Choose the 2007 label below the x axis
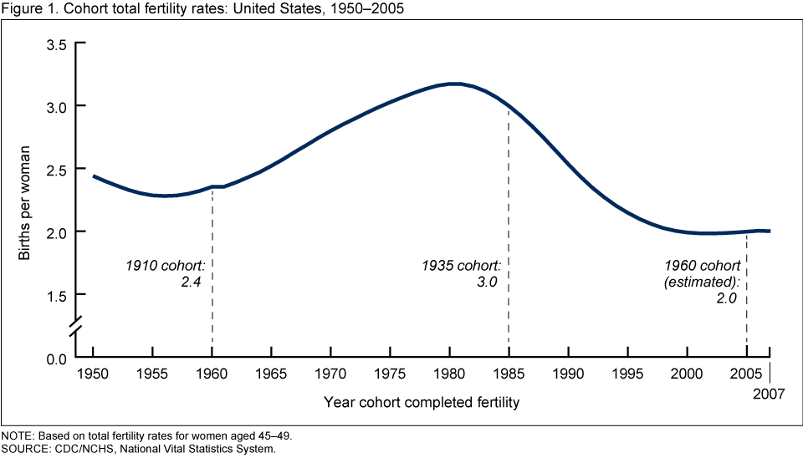(770, 393)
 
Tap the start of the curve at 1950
(93, 176)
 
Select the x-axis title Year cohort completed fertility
(422, 403)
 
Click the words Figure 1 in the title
(25, 8)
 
